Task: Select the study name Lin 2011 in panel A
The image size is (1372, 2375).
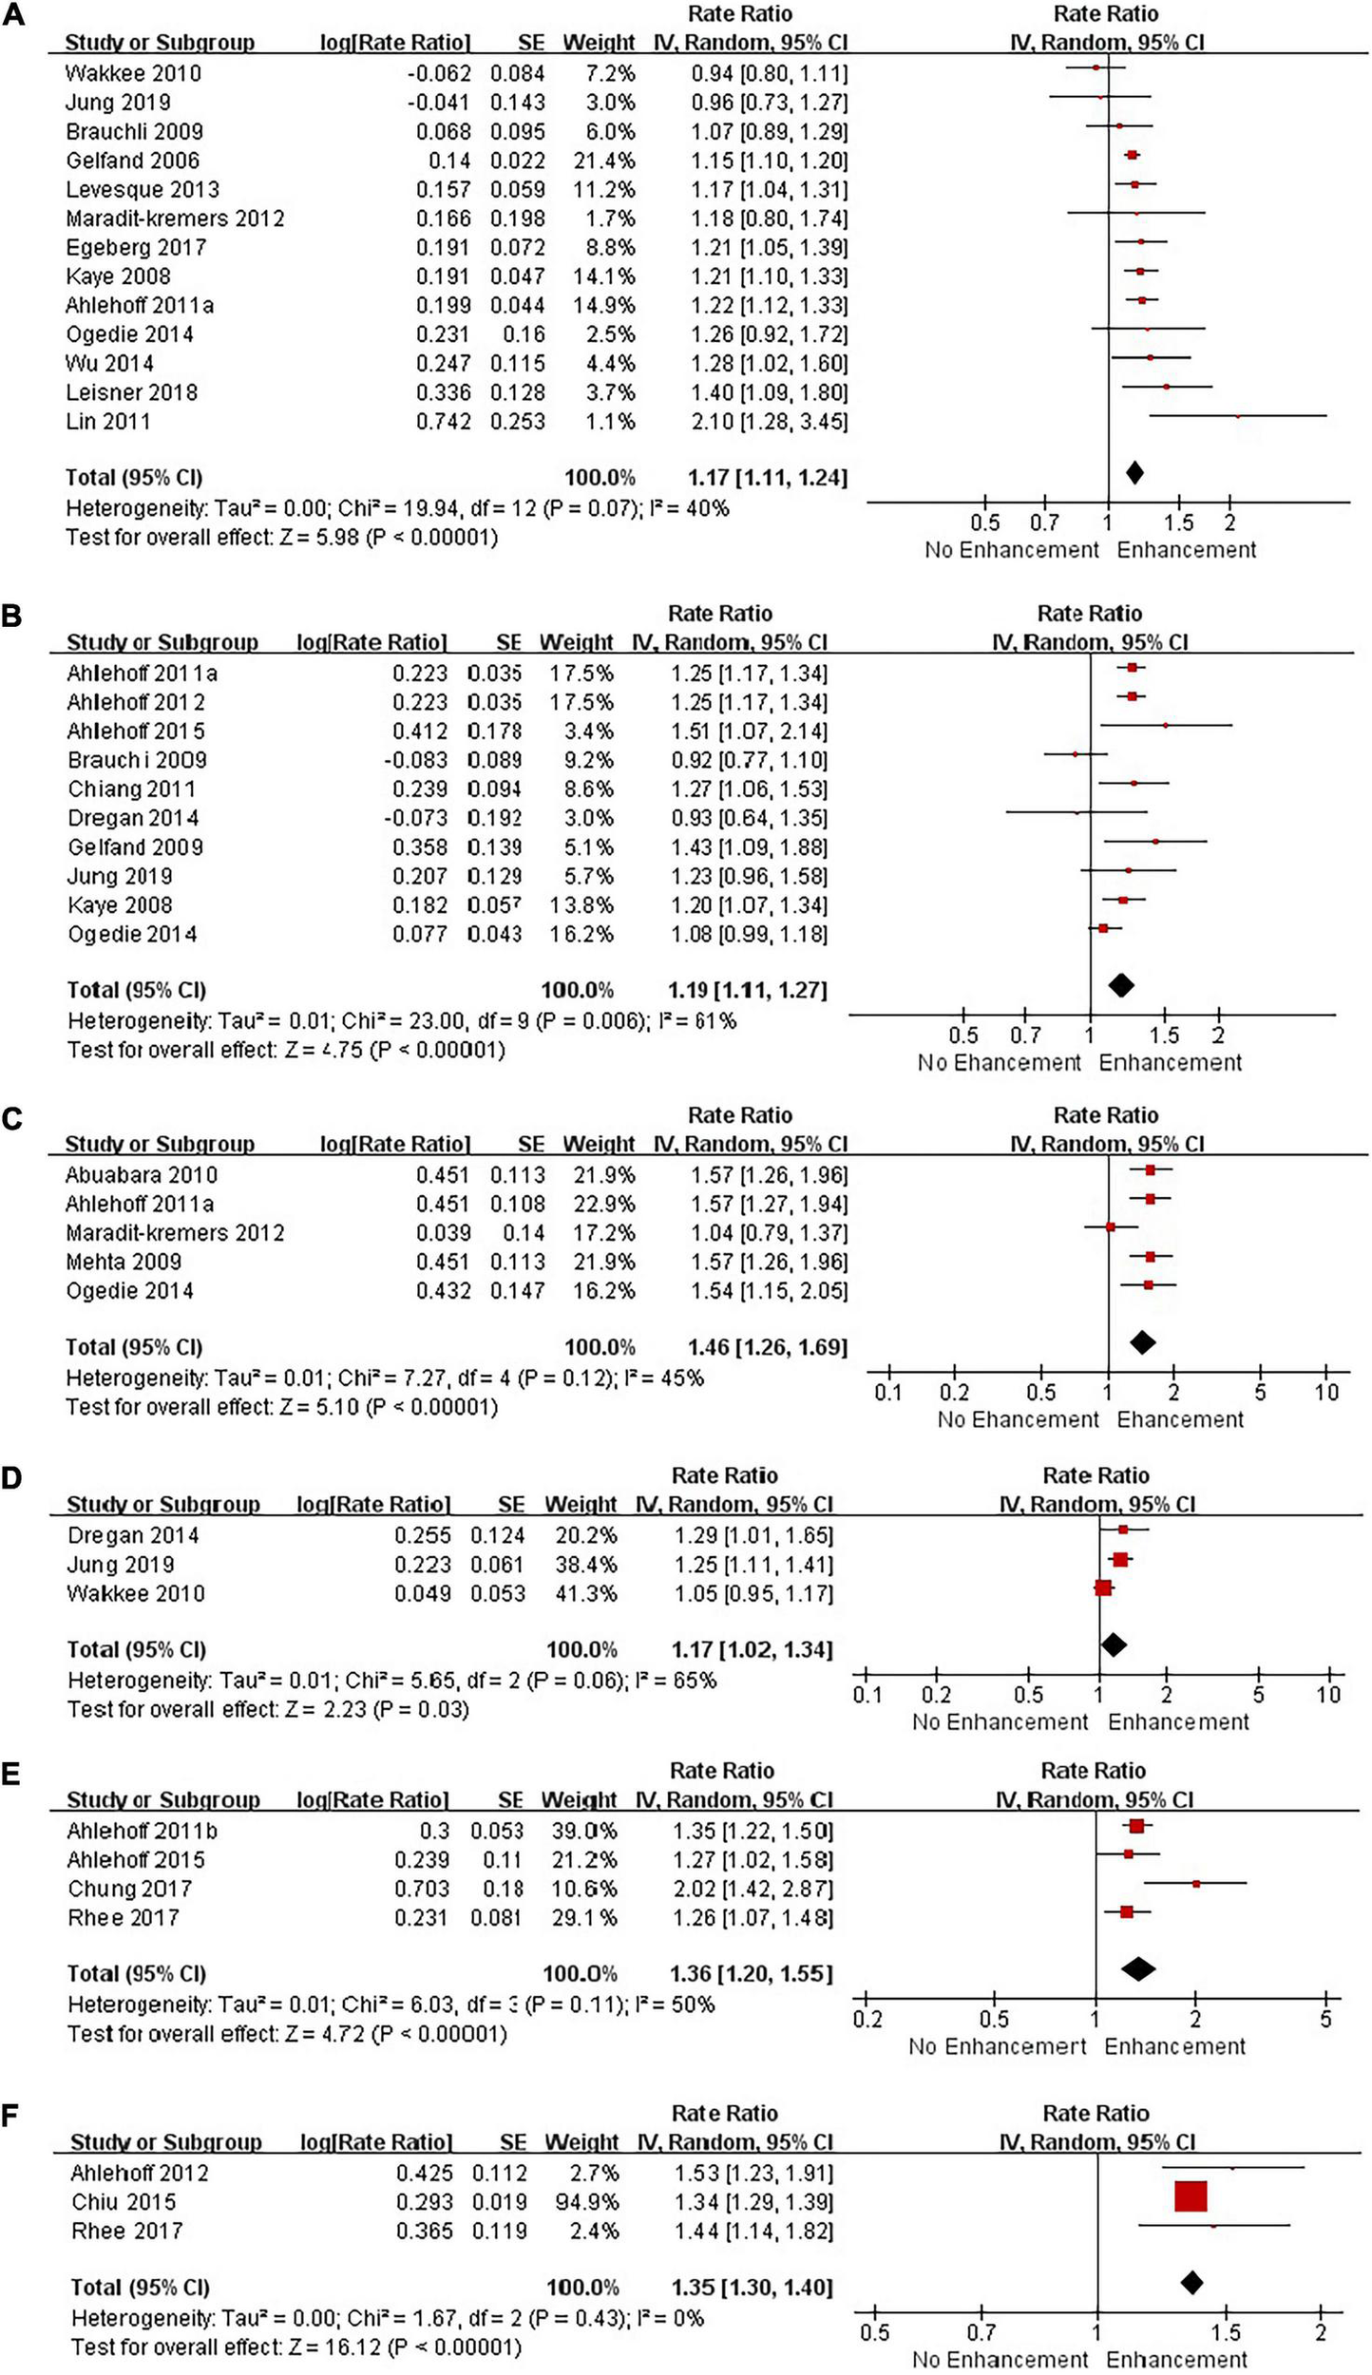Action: [107, 421]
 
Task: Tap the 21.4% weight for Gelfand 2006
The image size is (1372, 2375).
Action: [604, 161]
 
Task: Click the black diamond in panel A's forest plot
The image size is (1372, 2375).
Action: [1134, 472]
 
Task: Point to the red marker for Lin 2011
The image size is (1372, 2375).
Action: [1237, 416]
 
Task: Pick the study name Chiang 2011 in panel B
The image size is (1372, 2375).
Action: [131, 789]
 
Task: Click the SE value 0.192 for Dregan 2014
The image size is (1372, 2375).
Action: [494, 818]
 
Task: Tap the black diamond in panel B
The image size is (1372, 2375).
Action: [1121, 985]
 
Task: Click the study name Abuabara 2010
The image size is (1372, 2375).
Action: [141, 1175]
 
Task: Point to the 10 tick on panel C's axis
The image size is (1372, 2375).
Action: [1326, 1393]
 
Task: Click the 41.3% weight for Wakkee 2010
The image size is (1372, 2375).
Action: [581, 1593]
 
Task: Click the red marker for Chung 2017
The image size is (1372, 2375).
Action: [1196, 1883]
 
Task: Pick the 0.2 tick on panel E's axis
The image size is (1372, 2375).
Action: [867, 2019]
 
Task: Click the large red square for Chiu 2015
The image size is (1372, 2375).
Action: [1191, 2196]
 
